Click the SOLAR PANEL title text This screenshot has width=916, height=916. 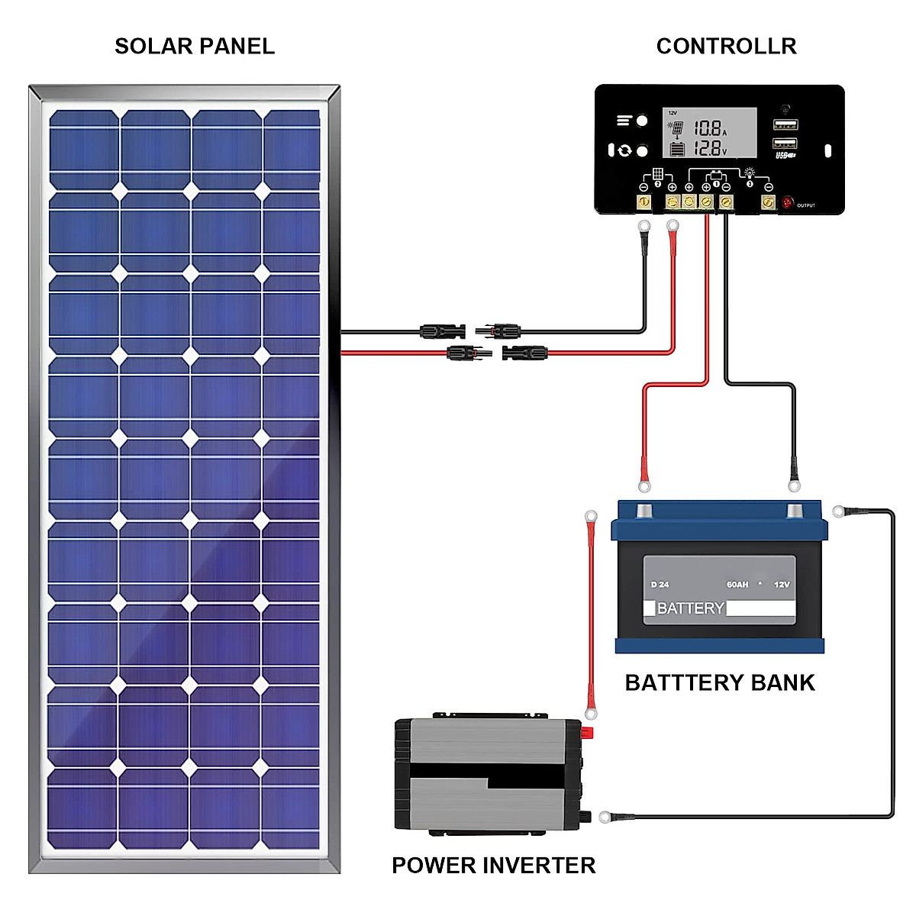click(x=195, y=47)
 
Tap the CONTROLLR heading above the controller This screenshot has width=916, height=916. click(x=726, y=47)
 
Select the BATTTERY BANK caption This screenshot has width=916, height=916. click(x=719, y=682)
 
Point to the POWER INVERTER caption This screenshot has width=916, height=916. click(x=493, y=865)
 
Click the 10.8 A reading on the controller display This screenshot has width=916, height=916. click(x=708, y=128)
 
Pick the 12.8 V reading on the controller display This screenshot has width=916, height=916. click(x=708, y=148)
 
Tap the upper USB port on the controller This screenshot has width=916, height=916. click(x=785, y=124)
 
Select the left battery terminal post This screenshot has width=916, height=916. click(x=645, y=510)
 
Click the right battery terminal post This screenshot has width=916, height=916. click(x=795, y=510)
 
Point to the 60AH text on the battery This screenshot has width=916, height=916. click(x=737, y=585)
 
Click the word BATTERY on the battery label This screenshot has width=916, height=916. click(x=690, y=608)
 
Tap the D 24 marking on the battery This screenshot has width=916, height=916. click(x=660, y=585)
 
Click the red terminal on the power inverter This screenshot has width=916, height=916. click(x=588, y=734)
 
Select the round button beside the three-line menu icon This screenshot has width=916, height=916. click(x=642, y=121)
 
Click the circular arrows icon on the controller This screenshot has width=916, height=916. click(x=625, y=150)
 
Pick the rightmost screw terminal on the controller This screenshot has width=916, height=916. click(x=768, y=202)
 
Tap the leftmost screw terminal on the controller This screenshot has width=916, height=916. click(x=643, y=202)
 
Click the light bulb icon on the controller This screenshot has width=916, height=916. click(x=750, y=173)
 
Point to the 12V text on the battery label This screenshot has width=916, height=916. click(x=782, y=585)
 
